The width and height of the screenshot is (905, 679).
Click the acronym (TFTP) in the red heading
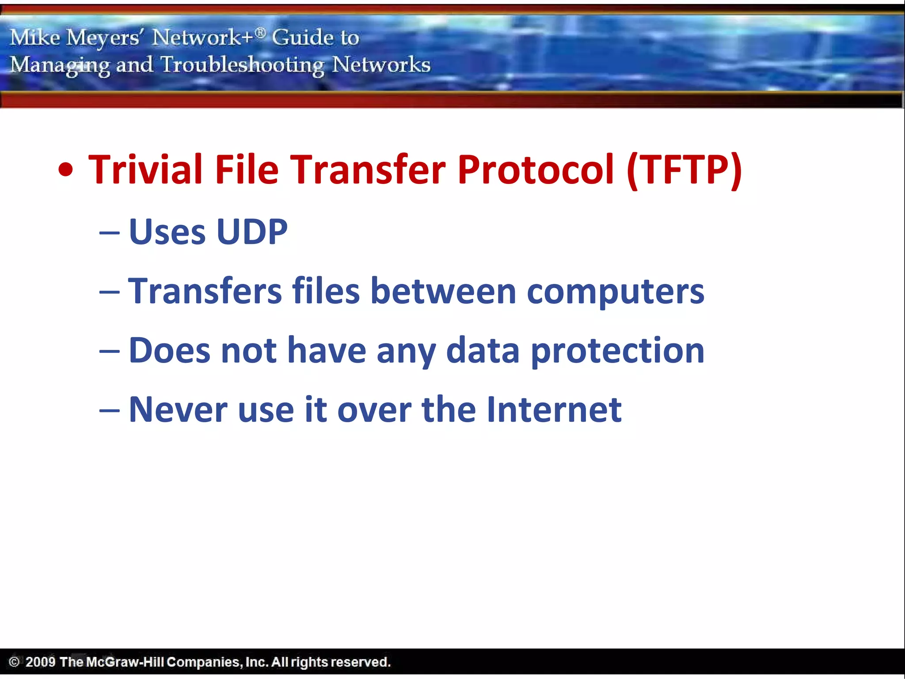[684, 170]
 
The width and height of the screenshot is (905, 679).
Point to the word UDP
[252, 232]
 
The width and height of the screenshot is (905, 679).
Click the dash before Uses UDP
[109, 233]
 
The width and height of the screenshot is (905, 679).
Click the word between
[443, 291]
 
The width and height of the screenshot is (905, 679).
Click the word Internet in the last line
[554, 410]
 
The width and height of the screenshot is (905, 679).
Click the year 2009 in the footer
[40, 662]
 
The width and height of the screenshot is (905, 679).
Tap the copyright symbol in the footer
[14, 662]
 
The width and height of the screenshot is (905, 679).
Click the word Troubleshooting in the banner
[242, 65]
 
